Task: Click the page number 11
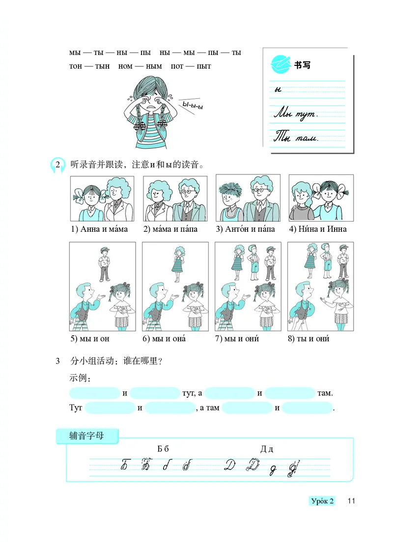point(350,501)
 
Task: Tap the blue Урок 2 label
point(322,501)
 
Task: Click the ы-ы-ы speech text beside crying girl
point(193,105)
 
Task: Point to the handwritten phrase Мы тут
point(296,114)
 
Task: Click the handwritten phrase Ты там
point(296,137)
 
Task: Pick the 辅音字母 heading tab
point(87,435)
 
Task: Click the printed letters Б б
point(163,449)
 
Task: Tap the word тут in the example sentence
point(189,393)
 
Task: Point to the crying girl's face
point(149,101)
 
